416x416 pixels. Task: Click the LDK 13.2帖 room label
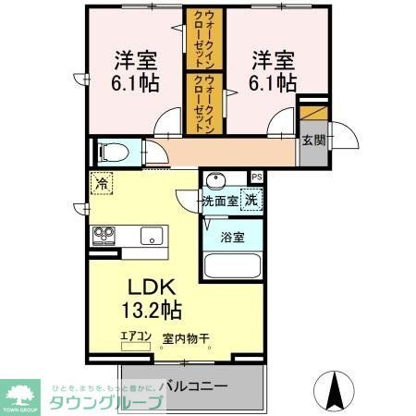147,295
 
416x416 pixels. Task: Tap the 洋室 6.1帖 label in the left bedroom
136,71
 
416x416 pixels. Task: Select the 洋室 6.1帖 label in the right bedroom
273,71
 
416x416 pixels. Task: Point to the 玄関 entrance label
313,141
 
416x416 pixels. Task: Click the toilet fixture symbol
114,151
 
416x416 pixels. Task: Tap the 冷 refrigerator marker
101,184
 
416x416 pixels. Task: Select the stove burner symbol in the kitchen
102,236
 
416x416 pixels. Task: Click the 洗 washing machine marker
251,197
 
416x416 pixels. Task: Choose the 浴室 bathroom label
232,238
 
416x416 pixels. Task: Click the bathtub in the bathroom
232,269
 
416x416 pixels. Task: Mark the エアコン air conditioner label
135,338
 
